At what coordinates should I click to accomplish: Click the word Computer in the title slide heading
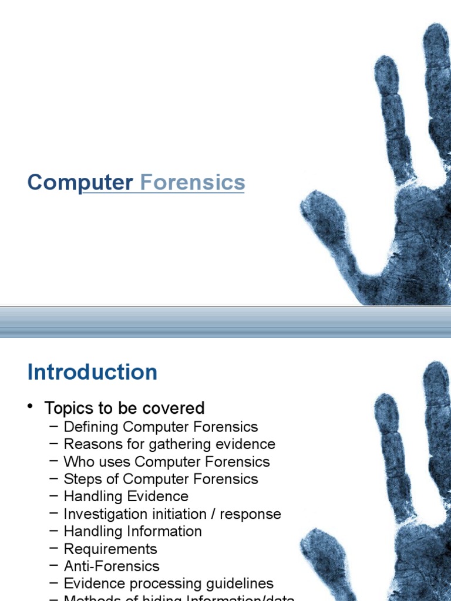click(80, 183)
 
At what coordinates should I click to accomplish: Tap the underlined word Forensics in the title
click(193, 183)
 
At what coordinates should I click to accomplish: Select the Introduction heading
click(92, 372)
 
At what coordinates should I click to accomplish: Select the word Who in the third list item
click(76, 462)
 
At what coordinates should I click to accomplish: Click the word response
click(254, 514)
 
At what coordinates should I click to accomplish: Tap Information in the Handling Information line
click(167, 532)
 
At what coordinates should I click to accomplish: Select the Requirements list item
click(110, 549)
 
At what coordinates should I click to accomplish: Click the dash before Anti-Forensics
click(55, 566)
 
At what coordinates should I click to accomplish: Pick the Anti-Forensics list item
click(112, 566)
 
